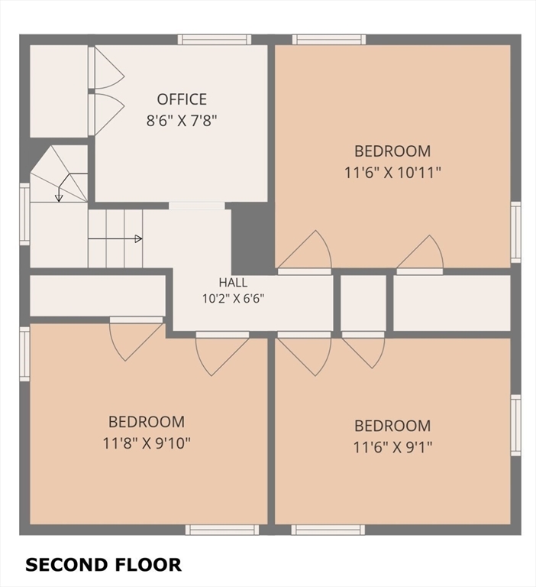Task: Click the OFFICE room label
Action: click(x=182, y=99)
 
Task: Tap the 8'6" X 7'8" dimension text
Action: click(x=182, y=121)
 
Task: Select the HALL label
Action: click(x=233, y=282)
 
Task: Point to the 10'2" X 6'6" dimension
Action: click(x=234, y=299)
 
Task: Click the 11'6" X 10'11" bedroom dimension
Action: click(x=392, y=173)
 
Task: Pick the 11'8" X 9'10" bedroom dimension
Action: click(x=147, y=443)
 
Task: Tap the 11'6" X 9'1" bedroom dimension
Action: click(x=392, y=447)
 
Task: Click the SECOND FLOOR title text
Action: click(x=103, y=565)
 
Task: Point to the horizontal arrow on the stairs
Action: click(x=115, y=238)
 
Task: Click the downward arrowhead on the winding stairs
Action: click(x=59, y=198)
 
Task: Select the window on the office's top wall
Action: click(x=215, y=39)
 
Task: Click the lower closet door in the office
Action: click(x=109, y=114)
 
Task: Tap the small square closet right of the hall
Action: click(x=363, y=303)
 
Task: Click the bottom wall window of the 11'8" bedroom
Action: click(x=222, y=530)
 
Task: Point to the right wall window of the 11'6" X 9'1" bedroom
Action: click(x=516, y=425)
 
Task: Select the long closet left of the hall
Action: click(x=98, y=296)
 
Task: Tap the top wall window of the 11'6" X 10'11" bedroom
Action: click(x=329, y=39)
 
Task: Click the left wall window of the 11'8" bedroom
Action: click(x=24, y=354)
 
